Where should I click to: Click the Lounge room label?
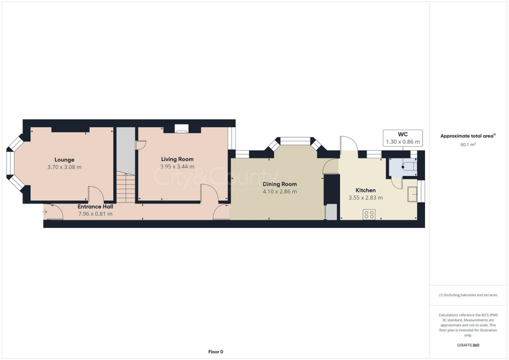click(64, 160)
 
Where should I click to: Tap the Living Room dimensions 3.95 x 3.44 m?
click(177, 167)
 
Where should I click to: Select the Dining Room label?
click(279, 184)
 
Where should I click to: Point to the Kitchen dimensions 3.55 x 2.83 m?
click(365, 197)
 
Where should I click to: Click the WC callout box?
click(403, 138)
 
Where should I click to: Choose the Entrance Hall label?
click(95, 206)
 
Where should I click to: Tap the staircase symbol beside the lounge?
click(126, 187)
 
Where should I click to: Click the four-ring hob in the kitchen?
click(369, 215)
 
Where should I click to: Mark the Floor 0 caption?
click(215, 352)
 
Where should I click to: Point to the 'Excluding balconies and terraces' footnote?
click(468, 295)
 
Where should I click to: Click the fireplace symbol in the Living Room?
click(181, 130)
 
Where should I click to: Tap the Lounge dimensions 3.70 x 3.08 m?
click(64, 167)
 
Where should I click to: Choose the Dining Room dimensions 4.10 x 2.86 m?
click(279, 191)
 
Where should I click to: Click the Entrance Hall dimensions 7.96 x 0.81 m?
click(95, 214)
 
